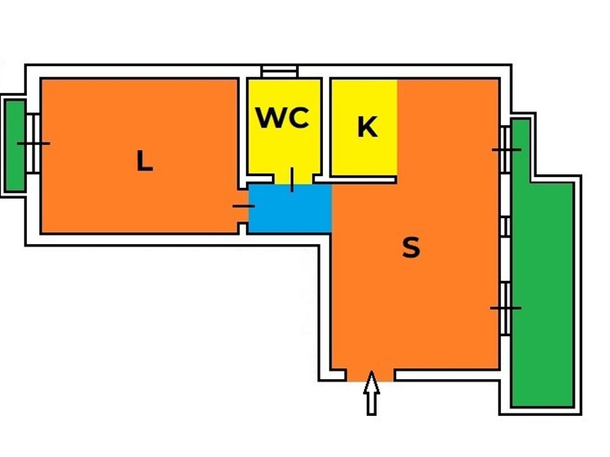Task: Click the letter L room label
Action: (144, 161)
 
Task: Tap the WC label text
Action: (283, 117)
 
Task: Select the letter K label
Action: (368, 127)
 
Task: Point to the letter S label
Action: (411, 247)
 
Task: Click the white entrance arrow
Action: (372, 392)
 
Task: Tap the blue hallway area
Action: (289, 209)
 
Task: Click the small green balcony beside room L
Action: (16, 145)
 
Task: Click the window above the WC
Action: (279, 71)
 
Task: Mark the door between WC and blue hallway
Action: (292, 179)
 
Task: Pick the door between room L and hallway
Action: (243, 205)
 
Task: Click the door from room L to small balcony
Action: (33, 143)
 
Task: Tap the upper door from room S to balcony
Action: (505, 149)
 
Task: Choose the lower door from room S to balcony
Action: (505, 308)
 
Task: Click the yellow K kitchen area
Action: (364, 127)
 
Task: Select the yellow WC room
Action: (284, 127)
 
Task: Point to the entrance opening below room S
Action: (370, 376)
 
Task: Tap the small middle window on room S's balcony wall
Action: (505, 226)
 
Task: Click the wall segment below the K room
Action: (355, 179)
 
